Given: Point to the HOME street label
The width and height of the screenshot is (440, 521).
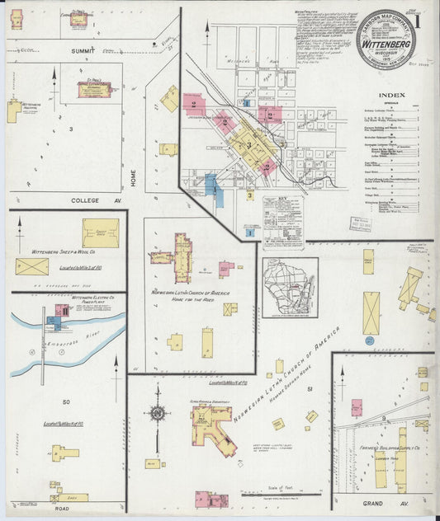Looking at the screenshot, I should (132, 176).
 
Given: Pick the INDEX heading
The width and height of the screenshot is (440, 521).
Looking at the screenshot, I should (393, 95).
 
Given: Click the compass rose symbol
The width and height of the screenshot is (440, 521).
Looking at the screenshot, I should (156, 412).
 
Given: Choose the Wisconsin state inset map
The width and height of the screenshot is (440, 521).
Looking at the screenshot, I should (289, 287).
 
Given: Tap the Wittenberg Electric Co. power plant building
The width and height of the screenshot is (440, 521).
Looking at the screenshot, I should (59, 313).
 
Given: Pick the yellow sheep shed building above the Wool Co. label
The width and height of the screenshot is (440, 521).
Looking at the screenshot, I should (100, 232).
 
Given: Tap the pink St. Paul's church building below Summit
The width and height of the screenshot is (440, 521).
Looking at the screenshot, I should (94, 89).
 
